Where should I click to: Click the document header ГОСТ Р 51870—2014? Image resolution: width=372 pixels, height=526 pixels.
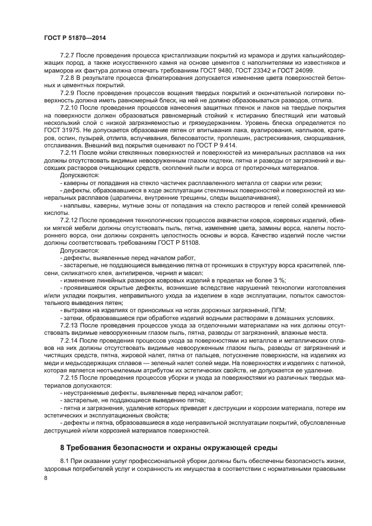click(x=74, y=37)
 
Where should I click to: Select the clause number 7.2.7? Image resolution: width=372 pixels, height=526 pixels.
click(x=68, y=57)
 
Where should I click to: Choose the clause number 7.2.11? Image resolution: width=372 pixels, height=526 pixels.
click(x=70, y=152)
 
